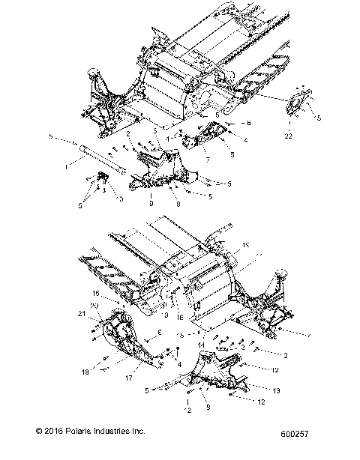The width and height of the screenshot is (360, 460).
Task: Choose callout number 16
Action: (x=180, y=318)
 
